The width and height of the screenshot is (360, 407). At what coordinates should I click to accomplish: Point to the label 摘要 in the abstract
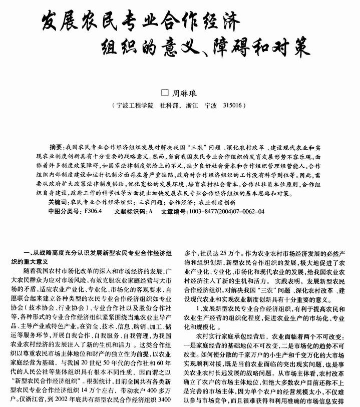click(x=58, y=148)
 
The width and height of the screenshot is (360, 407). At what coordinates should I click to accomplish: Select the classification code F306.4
click(x=94, y=211)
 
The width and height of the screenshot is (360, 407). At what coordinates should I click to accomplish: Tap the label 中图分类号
click(x=64, y=211)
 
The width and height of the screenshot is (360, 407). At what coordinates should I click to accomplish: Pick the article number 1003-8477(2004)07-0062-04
click(x=226, y=211)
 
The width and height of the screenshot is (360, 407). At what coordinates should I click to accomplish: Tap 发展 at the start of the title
click(x=59, y=23)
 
